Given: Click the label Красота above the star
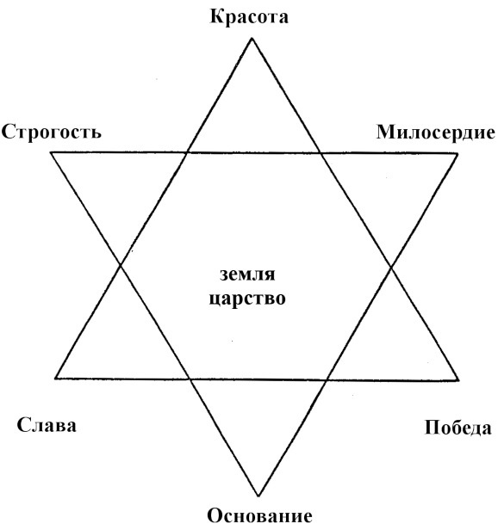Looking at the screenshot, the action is click(249, 16).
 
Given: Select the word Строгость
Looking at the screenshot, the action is click(52, 132).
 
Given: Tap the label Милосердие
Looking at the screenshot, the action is click(436, 133).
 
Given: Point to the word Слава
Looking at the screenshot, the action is click(47, 425).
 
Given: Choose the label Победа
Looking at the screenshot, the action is click(458, 428).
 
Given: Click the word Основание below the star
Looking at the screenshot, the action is click(259, 516).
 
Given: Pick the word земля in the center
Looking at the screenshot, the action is click(247, 274).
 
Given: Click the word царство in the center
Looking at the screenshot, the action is click(247, 299).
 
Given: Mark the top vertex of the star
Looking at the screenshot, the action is click(252, 38).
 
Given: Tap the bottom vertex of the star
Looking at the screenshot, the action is click(258, 496).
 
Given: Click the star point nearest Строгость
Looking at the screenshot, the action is click(51, 152).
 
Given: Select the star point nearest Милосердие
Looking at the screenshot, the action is click(458, 154).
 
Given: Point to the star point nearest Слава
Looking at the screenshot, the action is click(55, 379).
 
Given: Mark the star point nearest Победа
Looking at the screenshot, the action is click(458, 380).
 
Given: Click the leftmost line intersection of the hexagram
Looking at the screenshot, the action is click(121, 266).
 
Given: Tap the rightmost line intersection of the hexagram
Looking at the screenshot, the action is click(391, 268).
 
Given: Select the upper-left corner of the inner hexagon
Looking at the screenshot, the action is click(187, 153).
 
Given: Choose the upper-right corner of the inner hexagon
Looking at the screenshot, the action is click(321, 153).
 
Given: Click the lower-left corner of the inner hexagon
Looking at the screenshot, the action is click(190, 379).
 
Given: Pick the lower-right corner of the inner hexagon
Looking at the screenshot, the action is click(327, 379).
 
